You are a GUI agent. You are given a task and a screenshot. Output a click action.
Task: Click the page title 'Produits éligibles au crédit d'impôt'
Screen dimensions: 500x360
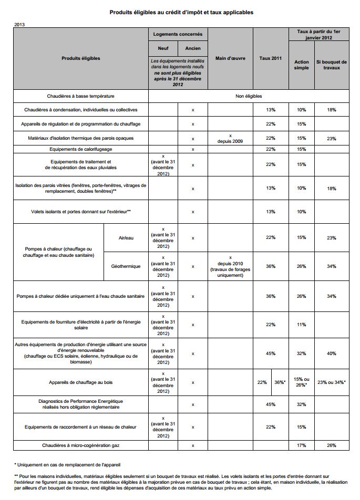point(181,12)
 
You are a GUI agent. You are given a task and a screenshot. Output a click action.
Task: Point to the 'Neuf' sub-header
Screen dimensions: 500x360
point(163,49)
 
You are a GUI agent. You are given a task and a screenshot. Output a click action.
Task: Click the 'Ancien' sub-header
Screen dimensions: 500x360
point(193,49)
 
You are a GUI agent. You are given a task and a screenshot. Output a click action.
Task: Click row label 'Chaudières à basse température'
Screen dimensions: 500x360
point(80,96)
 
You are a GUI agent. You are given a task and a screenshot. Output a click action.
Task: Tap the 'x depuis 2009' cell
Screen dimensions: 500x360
point(230,138)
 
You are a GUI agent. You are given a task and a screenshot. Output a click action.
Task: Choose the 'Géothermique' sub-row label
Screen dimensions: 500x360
point(126,266)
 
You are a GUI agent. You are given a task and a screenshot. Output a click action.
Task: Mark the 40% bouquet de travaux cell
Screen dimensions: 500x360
point(332,353)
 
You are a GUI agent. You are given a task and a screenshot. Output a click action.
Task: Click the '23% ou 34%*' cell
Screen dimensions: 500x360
point(332,382)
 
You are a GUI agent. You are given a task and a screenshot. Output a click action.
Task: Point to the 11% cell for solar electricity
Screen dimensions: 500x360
point(301,325)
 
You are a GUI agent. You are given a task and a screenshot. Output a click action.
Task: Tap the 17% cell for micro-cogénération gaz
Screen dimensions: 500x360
point(301,445)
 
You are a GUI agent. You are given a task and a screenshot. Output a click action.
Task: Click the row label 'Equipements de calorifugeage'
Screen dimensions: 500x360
point(80,149)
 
